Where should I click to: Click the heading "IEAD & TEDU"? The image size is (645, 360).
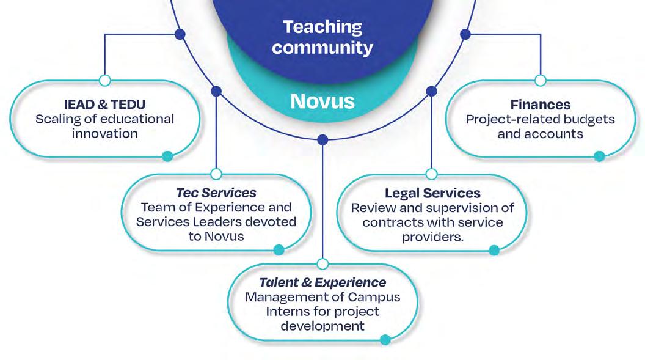[104, 104]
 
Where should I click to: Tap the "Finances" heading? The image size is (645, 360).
[540, 105]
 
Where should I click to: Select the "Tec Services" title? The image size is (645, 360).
[216, 193]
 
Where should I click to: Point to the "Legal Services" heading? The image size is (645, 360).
[432, 193]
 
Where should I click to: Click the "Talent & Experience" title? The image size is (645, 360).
[322, 282]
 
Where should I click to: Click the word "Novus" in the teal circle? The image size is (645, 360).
[322, 101]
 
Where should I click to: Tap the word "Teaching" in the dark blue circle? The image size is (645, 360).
[322, 28]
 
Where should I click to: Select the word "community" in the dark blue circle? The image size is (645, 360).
[322, 47]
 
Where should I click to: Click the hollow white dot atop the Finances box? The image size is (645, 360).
[540, 80]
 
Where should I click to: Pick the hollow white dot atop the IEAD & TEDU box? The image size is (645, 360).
[104, 80]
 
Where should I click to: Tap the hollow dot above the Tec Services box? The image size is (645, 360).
[216, 174]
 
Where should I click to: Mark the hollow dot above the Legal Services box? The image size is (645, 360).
[431, 174]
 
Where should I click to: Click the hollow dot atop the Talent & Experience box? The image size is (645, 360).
[323, 263]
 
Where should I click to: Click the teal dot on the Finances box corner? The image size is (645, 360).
[599, 156]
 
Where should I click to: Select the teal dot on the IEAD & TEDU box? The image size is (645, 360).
[167, 156]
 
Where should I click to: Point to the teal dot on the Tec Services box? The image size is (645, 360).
[279, 249]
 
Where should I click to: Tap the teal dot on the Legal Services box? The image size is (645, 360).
[494, 250]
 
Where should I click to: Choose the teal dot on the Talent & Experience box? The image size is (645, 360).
[385, 340]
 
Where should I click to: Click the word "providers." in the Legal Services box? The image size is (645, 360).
[432, 237]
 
